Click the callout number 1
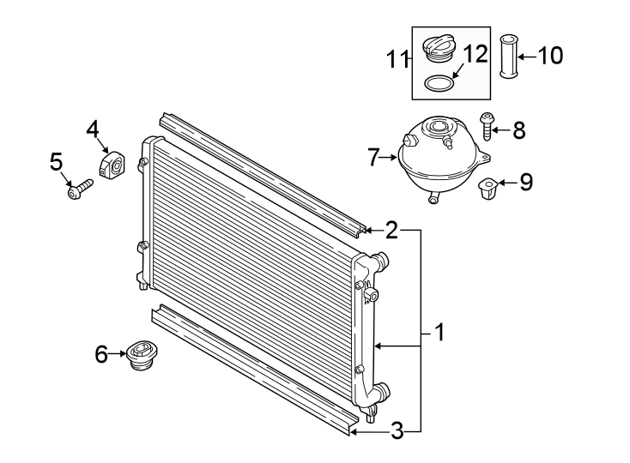(x=439, y=332)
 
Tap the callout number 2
(x=391, y=230)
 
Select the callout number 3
(x=397, y=431)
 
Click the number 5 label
(x=56, y=160)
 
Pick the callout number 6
(x=101, y=353)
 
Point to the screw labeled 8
(x=487, y=127)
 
